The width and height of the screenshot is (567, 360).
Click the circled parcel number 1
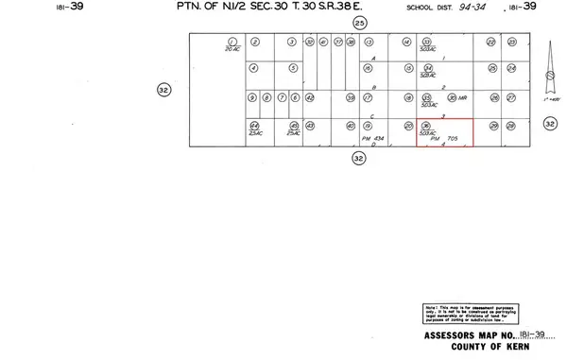point(231,42)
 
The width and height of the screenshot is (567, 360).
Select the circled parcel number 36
point(427,125)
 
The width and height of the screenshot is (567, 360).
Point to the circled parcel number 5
point(293,69)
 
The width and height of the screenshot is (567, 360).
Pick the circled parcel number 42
point(310,97)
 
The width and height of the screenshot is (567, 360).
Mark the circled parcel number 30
point(451,97)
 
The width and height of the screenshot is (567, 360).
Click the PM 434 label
point(375,137)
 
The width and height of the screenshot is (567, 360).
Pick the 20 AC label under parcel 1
point(231,49)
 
